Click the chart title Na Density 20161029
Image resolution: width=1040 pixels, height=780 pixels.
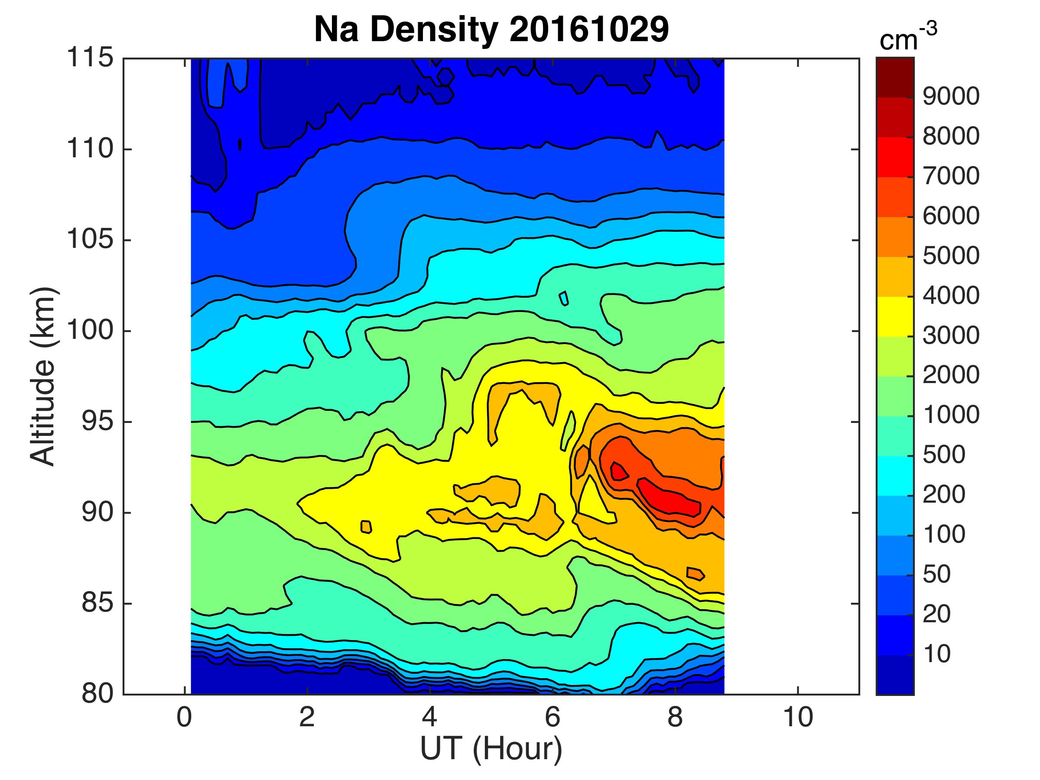coord(491,29)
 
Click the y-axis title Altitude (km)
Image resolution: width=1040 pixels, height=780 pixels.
coord(43,376)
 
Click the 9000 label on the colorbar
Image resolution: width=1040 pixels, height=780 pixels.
coord(951,96)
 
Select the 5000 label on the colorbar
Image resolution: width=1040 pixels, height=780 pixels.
coord(951,256)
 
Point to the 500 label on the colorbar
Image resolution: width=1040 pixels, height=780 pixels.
coord(944,455)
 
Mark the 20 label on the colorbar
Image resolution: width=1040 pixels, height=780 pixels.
coord(936,614)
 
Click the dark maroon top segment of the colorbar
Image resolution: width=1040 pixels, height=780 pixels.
coord(895,78)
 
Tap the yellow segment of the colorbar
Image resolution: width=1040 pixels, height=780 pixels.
coord(895,316)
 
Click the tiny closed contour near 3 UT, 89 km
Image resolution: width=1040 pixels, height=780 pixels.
coord(366,526)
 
